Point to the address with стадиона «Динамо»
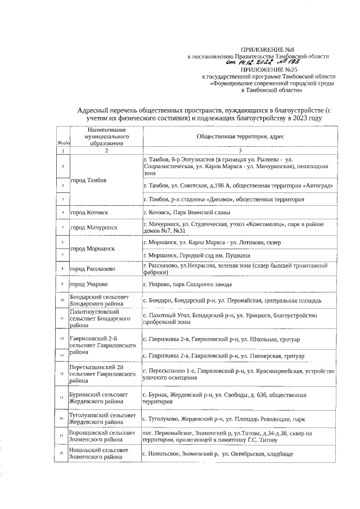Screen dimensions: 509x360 pos(224,199)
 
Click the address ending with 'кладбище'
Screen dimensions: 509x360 pos(217,454)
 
